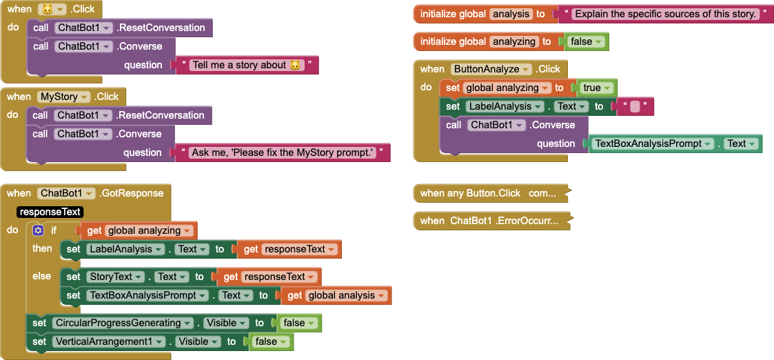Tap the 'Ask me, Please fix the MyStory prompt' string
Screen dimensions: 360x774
(x=283, y=152)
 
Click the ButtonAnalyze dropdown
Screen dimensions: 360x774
(x=491, y=69)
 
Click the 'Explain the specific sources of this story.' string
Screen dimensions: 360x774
(x=665, y=14)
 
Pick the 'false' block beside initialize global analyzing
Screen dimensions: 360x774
(x=585, y=41)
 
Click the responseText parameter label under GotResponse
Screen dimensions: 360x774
(x=50, y=212)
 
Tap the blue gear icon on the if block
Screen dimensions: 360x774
(x=38, y=230)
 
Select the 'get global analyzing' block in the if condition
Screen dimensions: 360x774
(x=139, y=230)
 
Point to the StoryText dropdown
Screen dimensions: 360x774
(x=114, y=277)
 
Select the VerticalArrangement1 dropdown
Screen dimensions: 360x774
(x=111, y=341)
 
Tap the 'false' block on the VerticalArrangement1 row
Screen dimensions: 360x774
(x=270, y=341)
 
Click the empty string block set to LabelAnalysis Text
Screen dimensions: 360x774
(x=634, y=106)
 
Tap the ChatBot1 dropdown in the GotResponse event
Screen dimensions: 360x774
(x=66, y=193)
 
